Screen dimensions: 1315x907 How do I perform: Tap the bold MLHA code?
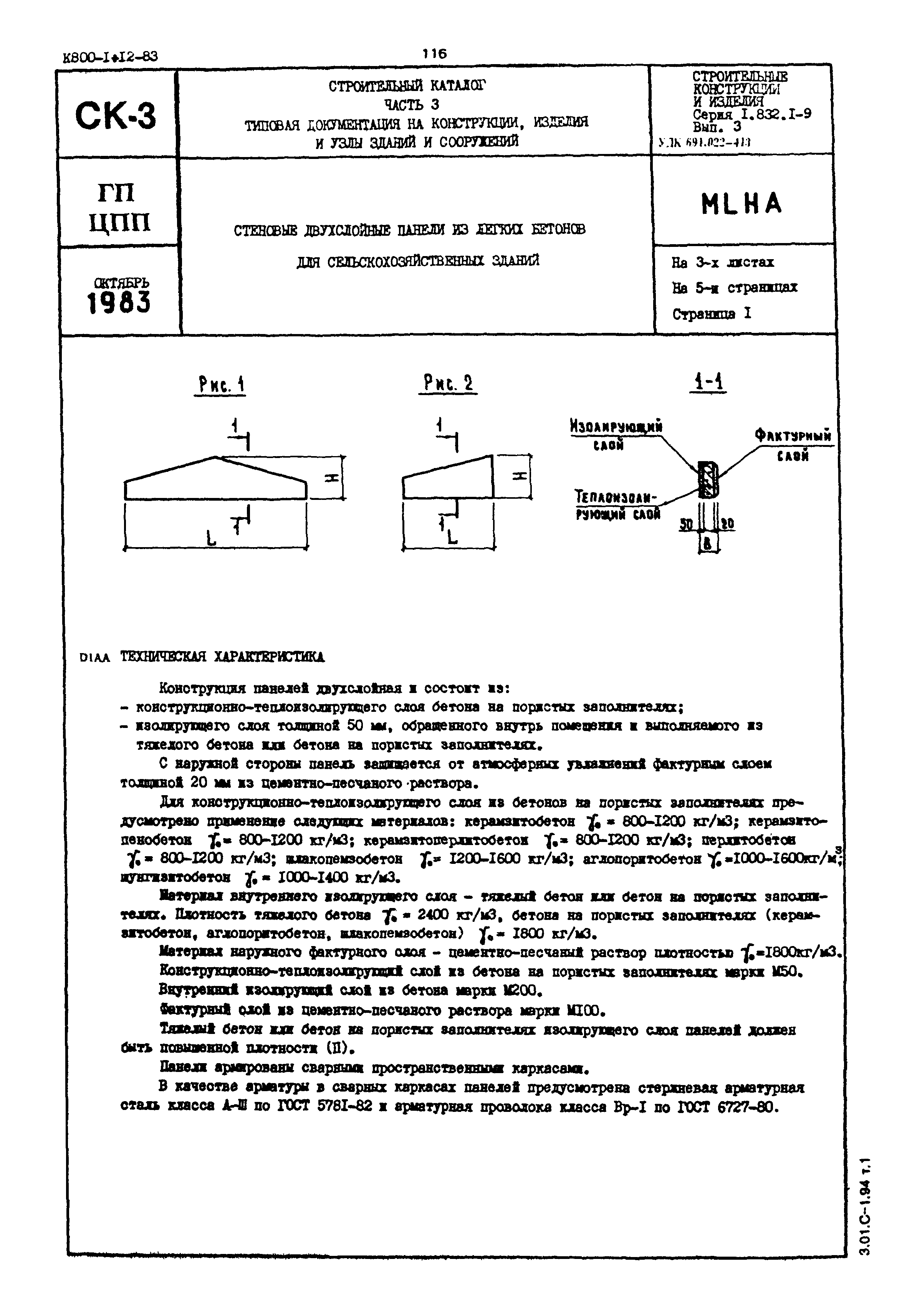[x=741, y=204]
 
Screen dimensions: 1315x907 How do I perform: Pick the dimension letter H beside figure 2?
[x=518, y=476]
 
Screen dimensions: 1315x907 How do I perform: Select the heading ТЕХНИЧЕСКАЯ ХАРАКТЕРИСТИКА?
[x=222, y=657]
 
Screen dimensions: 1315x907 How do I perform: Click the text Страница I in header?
[x=712, y=314]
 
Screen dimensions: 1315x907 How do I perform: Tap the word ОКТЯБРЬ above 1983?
[x=122, y=283]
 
